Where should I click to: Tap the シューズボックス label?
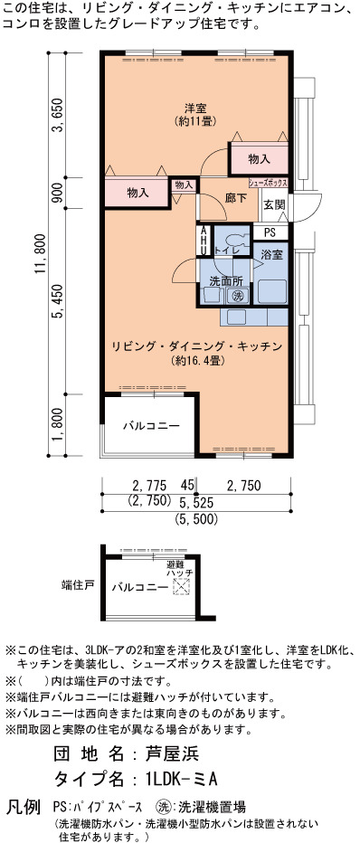[x=268, y=183]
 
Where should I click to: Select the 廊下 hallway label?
[x=236, y=198]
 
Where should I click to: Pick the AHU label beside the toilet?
[x=204, y=241]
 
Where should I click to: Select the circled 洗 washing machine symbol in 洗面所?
[x=238, y=296]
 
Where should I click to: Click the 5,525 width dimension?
[x=195, y=503]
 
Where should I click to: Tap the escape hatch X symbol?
[x=181, y=587]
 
